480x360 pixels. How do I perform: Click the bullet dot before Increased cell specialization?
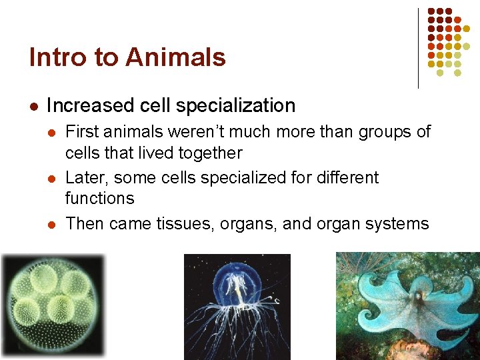(34, 106)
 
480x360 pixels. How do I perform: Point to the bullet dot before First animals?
(52, 132)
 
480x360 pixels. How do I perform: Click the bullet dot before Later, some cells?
(52, 178)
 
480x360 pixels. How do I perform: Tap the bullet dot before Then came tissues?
(52, 223)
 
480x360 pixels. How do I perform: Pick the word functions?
(99, 199)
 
